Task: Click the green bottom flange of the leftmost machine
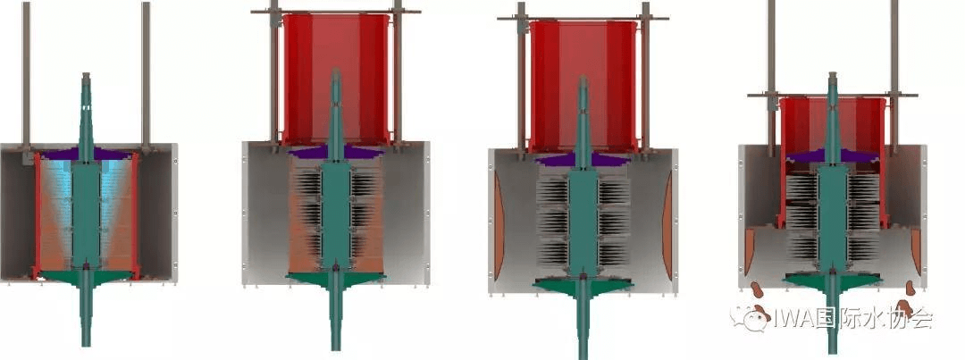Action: pos(86,278)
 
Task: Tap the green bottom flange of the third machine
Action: pos(583,286)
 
